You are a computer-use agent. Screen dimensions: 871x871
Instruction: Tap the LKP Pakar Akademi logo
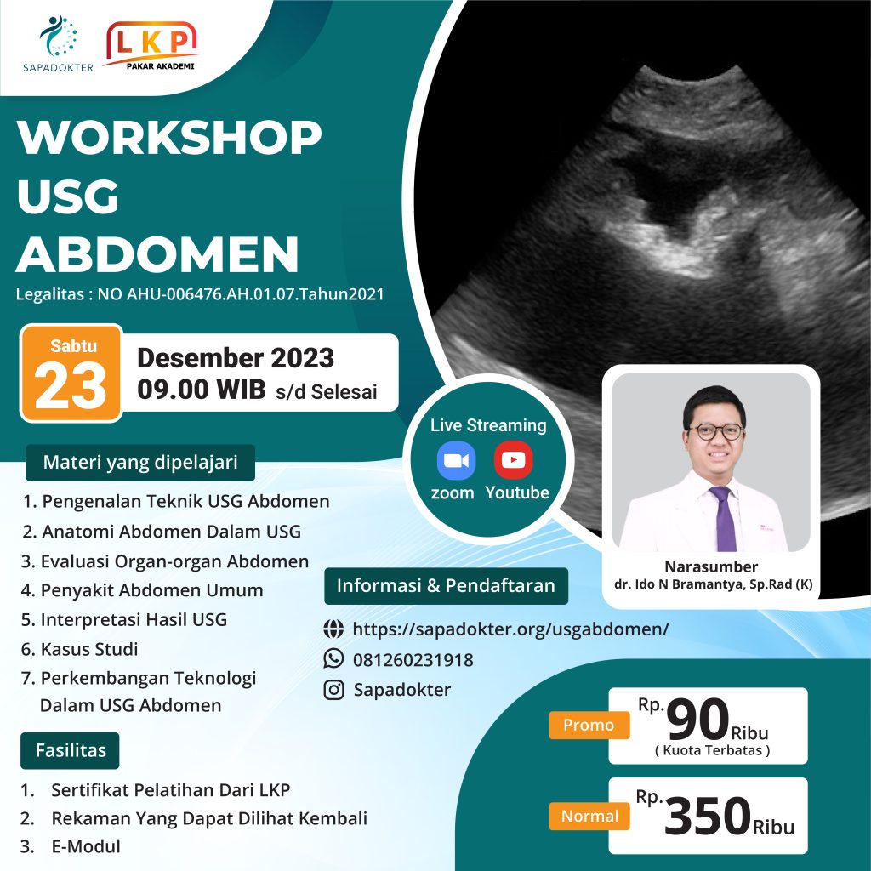pos(151,45)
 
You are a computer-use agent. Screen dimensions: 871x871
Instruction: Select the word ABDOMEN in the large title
pos(158,253)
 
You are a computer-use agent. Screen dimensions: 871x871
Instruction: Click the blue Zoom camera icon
pos(456,461)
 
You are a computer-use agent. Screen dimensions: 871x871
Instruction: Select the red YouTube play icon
pos(514,460)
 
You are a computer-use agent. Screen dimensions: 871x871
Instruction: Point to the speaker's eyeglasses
pos(715,431)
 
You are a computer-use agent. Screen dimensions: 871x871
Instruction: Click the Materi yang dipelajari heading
pos(140,464)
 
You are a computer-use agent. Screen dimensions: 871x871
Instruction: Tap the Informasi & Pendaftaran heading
pos(446,585)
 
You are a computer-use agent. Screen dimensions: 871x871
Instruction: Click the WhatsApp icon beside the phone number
pos(334,659)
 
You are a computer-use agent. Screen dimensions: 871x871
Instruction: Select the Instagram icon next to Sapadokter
pos(334,689)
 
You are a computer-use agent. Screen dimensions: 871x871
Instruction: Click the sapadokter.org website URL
pos(510,629)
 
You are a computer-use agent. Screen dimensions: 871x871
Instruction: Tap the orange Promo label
pos(589,725)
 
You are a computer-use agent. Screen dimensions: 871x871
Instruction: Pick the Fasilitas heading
pos(71,750)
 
